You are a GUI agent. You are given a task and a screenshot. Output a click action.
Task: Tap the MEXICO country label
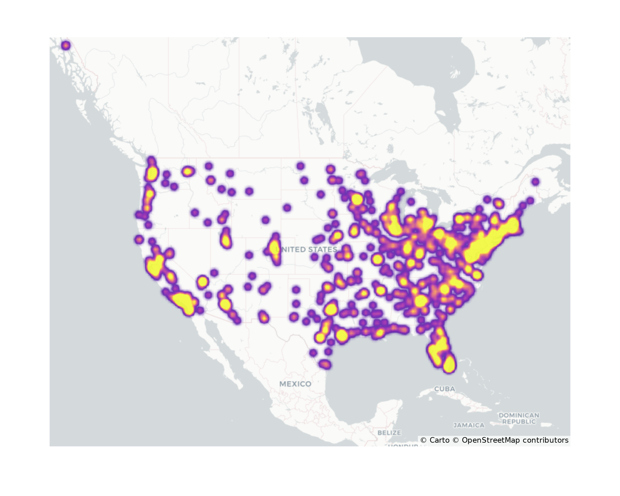coord(295,384)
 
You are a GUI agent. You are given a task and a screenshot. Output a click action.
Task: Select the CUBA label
coord(445,389)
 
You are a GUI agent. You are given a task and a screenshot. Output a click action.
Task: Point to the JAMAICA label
coord(469,425)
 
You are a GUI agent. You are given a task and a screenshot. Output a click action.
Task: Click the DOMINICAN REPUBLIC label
coord(519,418)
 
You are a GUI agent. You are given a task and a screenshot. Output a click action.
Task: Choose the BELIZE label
coord(389,432)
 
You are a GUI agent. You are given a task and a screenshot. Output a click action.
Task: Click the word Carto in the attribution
coord(439,440)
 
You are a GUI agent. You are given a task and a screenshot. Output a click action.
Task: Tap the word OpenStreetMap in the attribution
coord(490,440)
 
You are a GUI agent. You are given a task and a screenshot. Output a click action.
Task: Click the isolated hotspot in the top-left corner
coord(66,46)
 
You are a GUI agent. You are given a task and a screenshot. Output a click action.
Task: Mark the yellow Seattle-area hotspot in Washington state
coord(152,174)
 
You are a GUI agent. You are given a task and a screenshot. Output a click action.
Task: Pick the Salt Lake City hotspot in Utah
coord(226,239)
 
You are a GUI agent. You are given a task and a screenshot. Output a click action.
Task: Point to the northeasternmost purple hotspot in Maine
coord(535,182)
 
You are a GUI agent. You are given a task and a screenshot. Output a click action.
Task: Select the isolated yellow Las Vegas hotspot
coord(202,282)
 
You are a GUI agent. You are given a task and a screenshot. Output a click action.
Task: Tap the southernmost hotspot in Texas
coord(325,364)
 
